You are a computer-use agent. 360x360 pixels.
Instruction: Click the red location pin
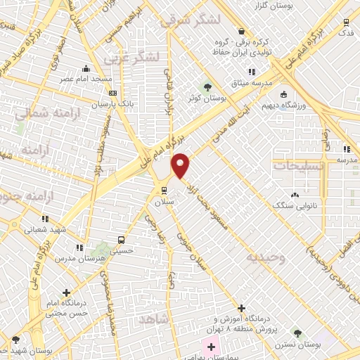click(x=181, y=165)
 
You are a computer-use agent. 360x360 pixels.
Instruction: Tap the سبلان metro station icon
click(x=165, y=190)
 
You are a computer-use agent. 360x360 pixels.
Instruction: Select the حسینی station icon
click(x=122, y=239)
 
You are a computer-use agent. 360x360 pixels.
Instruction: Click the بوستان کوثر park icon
click(x=207, y=86)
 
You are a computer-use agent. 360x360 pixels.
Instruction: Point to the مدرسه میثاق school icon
click(x=251, y=72)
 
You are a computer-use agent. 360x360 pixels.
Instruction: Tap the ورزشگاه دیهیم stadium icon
click(x=283, y=94)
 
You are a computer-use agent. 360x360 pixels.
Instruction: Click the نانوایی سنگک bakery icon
click(x=294, y=194)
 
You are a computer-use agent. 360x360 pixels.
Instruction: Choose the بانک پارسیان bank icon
click(x=113, y=93)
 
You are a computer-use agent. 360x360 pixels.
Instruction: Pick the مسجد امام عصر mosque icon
click(x=86, y=69)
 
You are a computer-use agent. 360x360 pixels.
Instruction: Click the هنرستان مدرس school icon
click(x=79, y=247)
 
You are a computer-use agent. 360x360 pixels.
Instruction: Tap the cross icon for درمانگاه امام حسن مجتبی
click(x=67, y=292)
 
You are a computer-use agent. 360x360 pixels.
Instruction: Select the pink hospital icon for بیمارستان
click(x=211, y=347)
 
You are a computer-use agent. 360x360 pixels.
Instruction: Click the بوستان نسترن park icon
click(x=297, y=333)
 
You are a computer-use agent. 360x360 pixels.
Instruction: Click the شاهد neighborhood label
click(x=155, y=320)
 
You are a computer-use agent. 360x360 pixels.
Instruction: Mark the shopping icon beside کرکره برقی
click(x=241, y=32)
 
